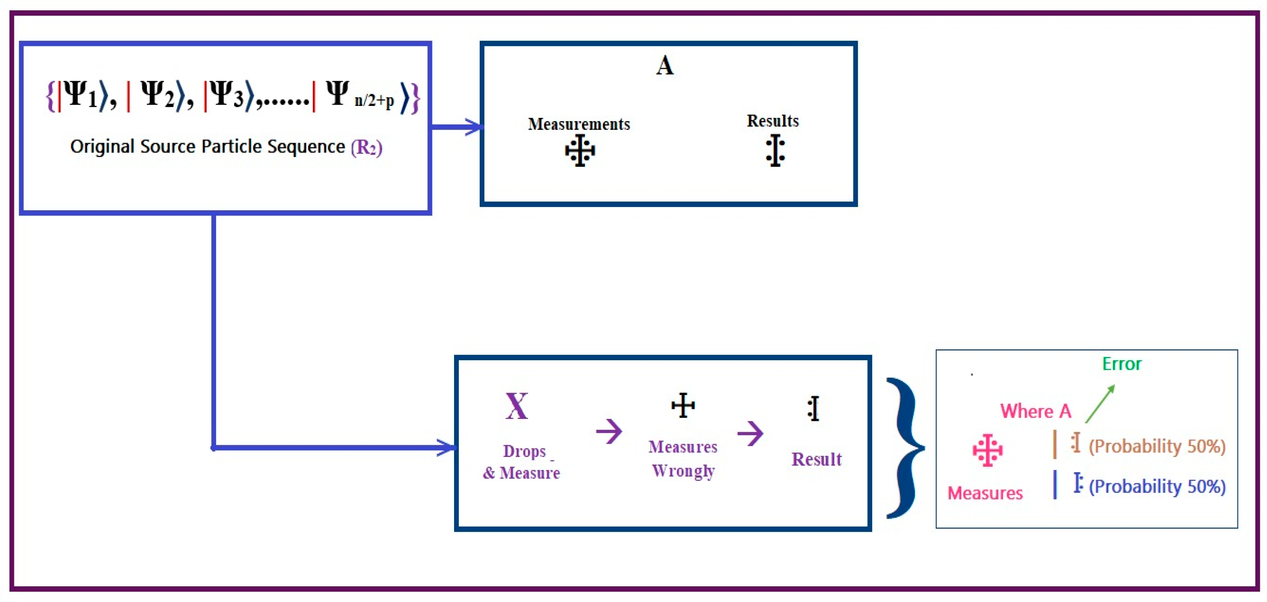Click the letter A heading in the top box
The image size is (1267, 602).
click(665, 66)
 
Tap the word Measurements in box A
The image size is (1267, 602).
click(579, 124)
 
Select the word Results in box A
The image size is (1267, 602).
click(772, 121)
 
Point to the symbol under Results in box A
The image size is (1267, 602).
click(775, 150)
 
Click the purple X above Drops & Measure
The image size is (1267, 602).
click(516, 407)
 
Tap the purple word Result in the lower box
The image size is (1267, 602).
click(817, 459)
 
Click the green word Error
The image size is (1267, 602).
click(1121, 364)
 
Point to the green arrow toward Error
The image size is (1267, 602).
click(1100, 404)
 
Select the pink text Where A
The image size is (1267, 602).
click(1035, 411)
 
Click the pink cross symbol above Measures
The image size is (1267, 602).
click(987, 450)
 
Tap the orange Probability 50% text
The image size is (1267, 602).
click(1157, 446)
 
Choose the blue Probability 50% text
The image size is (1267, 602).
click(1157, 486)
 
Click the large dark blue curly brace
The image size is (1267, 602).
click(904, 448)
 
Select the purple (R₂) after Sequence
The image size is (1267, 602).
click(366, 147)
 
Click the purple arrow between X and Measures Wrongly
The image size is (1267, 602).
click(609, 431)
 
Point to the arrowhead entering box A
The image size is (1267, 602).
click(473, 127)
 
